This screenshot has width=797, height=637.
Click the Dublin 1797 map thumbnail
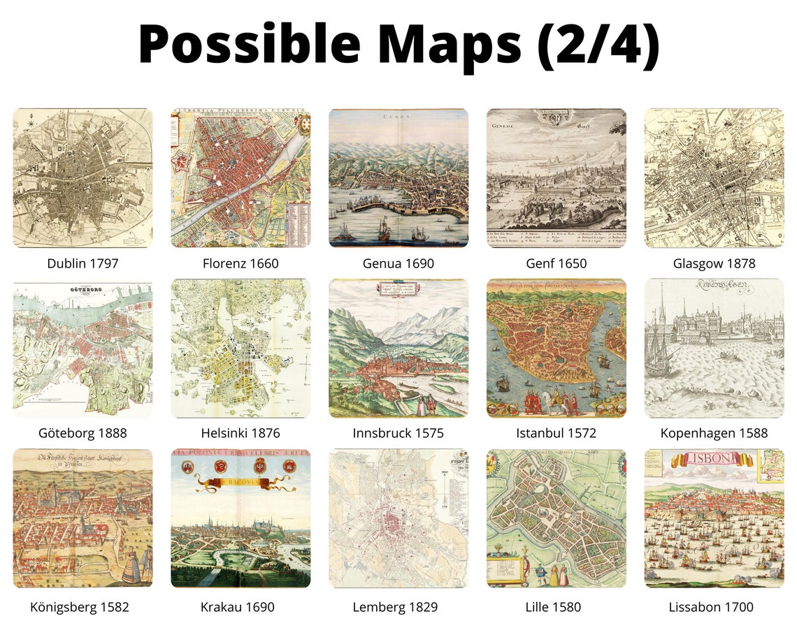pos(82,177)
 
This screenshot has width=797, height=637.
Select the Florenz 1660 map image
pos(240,177)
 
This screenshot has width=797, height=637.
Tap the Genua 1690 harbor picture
pos(398,177)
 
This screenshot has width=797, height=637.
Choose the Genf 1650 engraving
pos(557,177)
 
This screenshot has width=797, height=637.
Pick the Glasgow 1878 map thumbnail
pos(714,177)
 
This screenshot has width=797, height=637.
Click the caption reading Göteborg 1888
pos(82,433)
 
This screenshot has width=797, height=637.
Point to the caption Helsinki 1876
pos(240,433)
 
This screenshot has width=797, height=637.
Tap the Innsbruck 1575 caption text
pos(398,433)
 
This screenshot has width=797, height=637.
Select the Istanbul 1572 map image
pos(557,348)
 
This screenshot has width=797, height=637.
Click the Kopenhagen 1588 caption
pos(714,433)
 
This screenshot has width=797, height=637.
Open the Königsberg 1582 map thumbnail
pos(82,518)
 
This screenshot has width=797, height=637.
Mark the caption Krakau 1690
pos(240,607)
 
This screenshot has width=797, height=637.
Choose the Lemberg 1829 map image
pos(398,518)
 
